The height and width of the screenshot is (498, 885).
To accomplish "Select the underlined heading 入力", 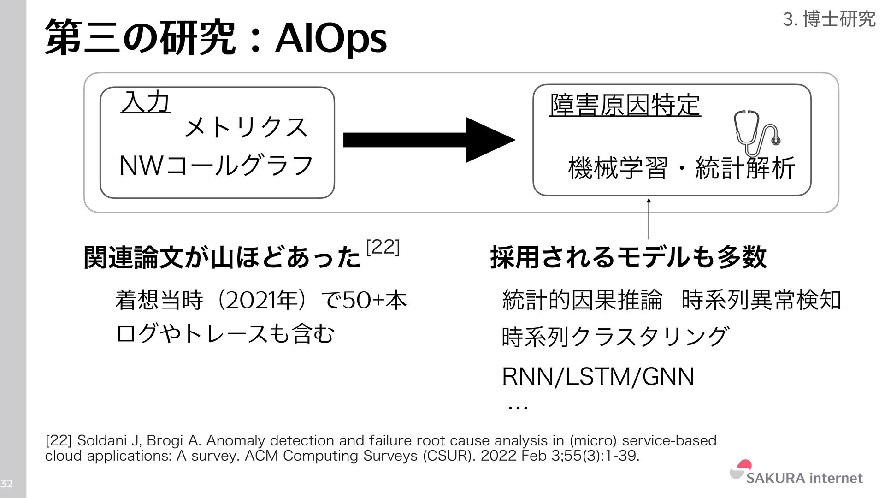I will pos(146,102).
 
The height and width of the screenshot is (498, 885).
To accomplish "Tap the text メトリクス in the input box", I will pos(246,127).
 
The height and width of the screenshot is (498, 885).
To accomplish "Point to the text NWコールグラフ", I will pos(216,166).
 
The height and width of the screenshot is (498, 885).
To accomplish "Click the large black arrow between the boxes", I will pos(429,140).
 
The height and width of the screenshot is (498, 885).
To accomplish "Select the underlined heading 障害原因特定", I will pos(625,105).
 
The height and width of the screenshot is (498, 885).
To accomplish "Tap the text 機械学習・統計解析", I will pos(681,168).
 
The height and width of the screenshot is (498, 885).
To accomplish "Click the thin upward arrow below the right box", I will pos(649,219).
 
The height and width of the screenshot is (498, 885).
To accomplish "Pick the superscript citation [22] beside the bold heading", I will pos(383,248).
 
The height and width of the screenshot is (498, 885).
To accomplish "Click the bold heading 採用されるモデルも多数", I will pos(628,257).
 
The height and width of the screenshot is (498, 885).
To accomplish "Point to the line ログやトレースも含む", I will pos(225,334).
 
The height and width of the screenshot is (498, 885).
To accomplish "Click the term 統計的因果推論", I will pos(582,300).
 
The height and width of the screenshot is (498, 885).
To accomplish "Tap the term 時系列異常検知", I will pos(761,300).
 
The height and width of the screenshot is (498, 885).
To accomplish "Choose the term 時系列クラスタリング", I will pos(615,337).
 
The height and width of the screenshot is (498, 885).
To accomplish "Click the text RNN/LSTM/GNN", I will pos(598,377).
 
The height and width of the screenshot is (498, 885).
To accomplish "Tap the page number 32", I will pos(6,483).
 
